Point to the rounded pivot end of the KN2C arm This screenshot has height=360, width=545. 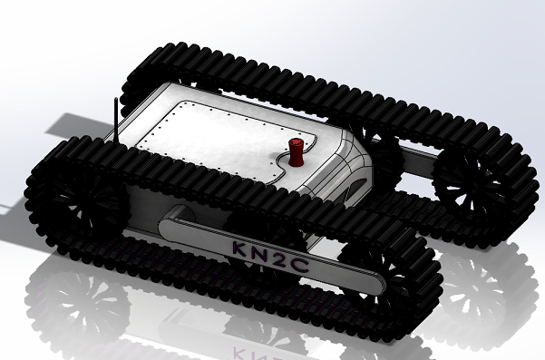[173, 222]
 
